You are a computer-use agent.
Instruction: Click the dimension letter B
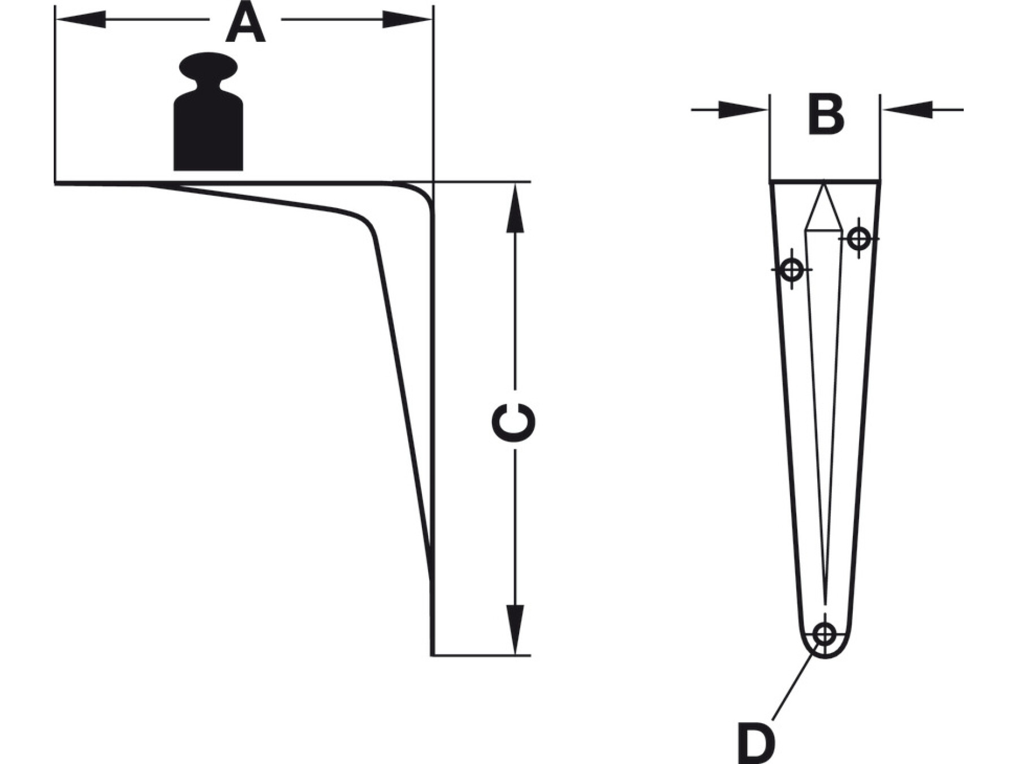coord(826,116)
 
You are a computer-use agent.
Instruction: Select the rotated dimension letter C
coord(514,422)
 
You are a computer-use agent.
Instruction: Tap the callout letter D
coord(756,741)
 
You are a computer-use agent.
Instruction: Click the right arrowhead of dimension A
coord(407,19)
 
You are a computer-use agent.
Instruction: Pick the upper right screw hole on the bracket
coord(859,238)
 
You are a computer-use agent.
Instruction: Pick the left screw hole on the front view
coord(792,269)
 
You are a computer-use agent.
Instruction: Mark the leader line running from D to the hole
coord(792,688)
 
